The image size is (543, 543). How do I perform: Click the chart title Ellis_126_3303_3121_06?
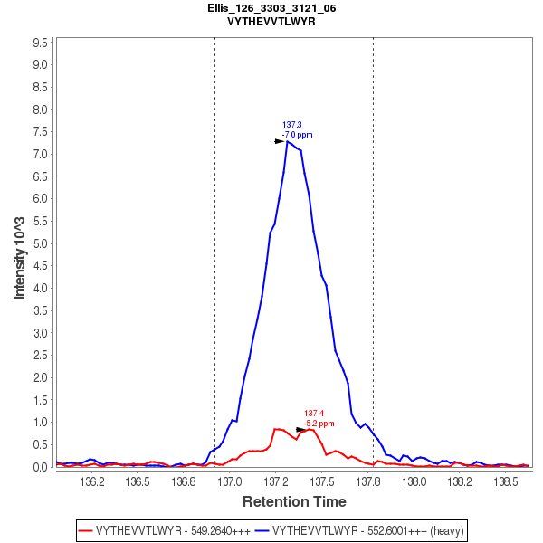tap(271, 7)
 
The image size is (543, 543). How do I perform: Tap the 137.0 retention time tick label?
tap(229, 481)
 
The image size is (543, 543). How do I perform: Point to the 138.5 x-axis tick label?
tap(508, 481)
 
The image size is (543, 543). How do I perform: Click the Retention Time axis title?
tap(293, 501)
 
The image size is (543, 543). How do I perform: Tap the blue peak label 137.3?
tap(291, 125)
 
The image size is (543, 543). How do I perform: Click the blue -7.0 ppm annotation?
tap(297, 135)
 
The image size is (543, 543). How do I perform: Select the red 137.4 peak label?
tap(313, 414)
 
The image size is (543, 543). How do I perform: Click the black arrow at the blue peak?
tap(280, 141)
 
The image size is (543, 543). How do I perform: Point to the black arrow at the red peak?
tap(301, 430)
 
